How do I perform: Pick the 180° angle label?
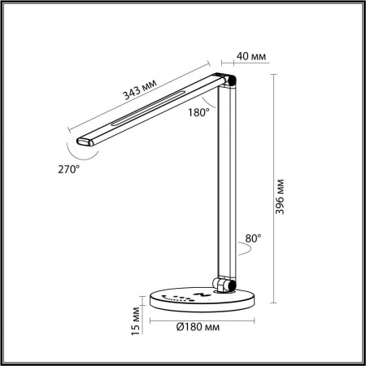pos(199,112)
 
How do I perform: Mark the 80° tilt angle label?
pos(252,239)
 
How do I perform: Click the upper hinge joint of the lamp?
pos(230,81)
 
